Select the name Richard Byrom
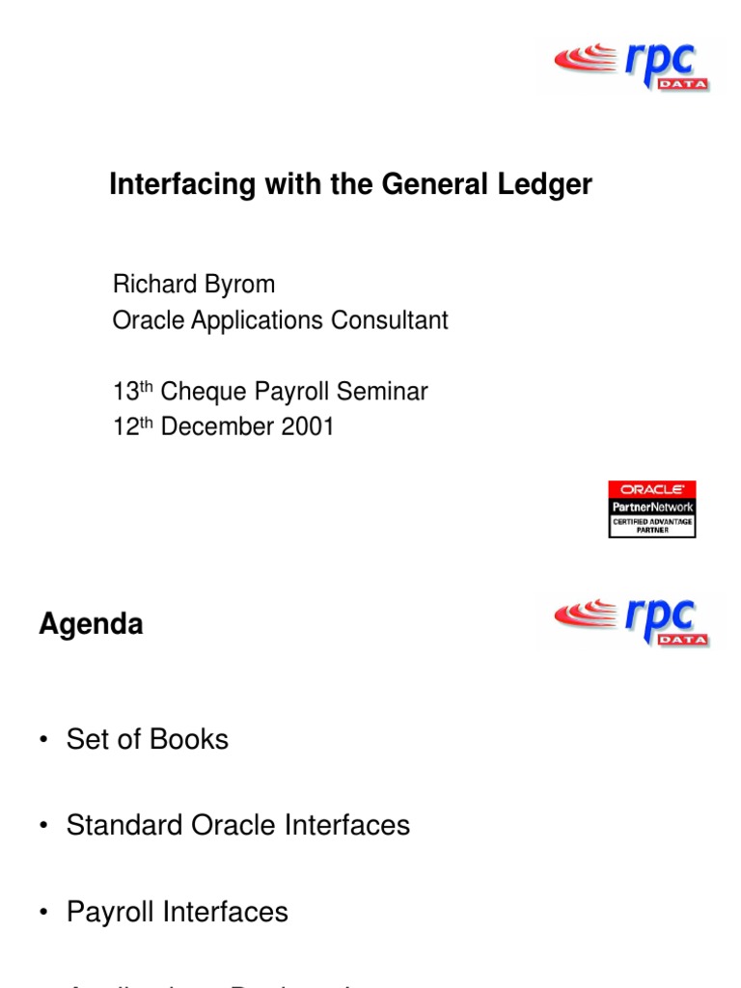pyautogui.click(x=194, y=285)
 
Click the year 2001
pyautogui.click(x=307, y=427)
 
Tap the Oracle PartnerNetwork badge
pyautogui.click(x=652, y=508)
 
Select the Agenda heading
pyautogui.click(x=91, y=624)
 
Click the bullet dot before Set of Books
pyautogui.click(x=43, y=740)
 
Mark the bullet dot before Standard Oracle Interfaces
pyautogui.click(x=43, y=826)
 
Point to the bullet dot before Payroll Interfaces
pyautogui.click(x=43, y=913)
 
